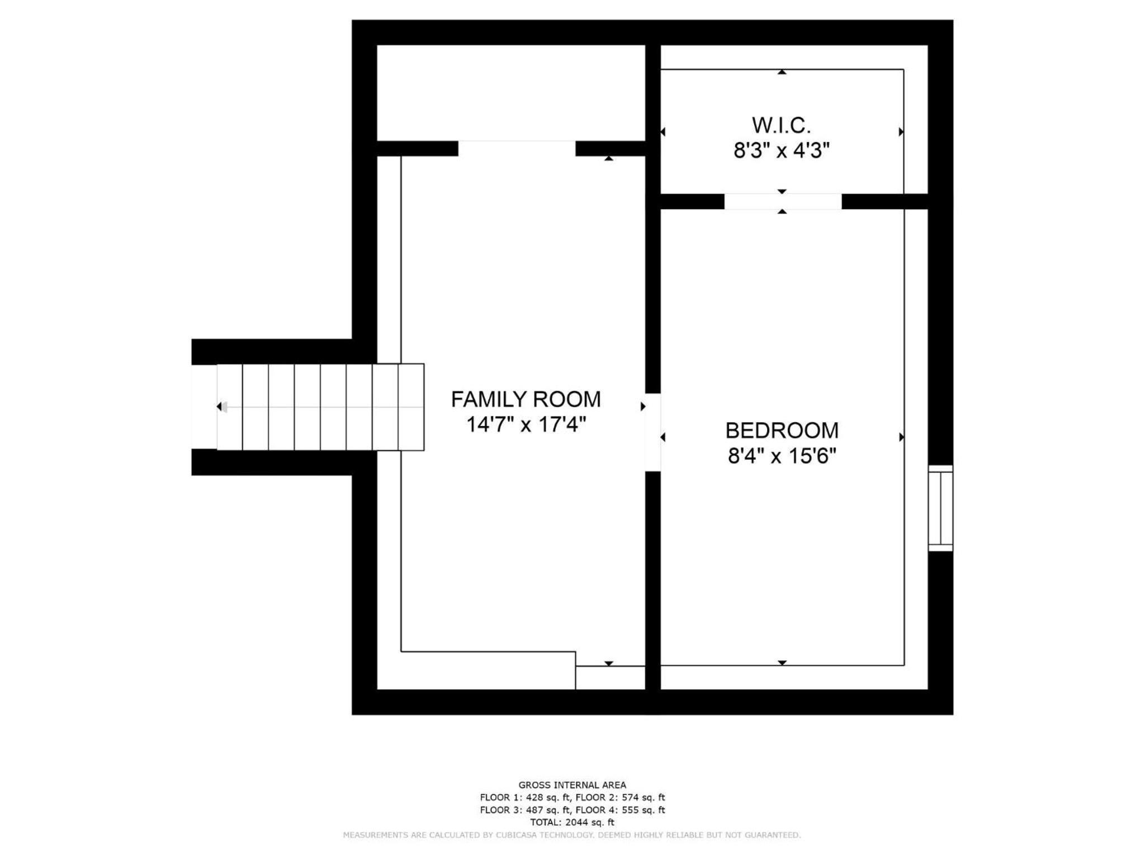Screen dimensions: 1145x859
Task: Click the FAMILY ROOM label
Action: [526, 399]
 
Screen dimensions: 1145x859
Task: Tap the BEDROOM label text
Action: [782, 431]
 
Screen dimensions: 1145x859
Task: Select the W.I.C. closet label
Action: [781, 125]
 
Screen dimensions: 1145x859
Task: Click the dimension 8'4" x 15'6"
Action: [782, 456]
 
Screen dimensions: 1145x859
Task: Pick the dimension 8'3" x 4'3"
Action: [781, 151]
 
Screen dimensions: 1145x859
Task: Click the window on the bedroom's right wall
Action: [940, 508]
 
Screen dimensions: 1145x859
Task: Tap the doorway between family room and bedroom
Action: [653, 432]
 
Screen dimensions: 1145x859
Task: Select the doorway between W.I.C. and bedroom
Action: [783, 201]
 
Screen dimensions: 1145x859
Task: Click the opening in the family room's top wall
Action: [517, 148]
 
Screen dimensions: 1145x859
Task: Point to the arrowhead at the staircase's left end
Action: [220, 407]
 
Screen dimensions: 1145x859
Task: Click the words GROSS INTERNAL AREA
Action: [572, 785]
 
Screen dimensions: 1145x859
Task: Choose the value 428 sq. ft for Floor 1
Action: [547, 797]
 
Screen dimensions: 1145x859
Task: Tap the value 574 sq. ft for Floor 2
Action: [643, 797]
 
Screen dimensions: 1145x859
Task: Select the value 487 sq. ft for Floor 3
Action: [547, 810]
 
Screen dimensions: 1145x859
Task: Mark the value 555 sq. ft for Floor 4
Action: [643, 810]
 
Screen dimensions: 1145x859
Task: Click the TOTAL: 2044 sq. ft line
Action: [572, 822]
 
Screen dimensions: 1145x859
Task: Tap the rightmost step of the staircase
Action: [411, 407]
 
